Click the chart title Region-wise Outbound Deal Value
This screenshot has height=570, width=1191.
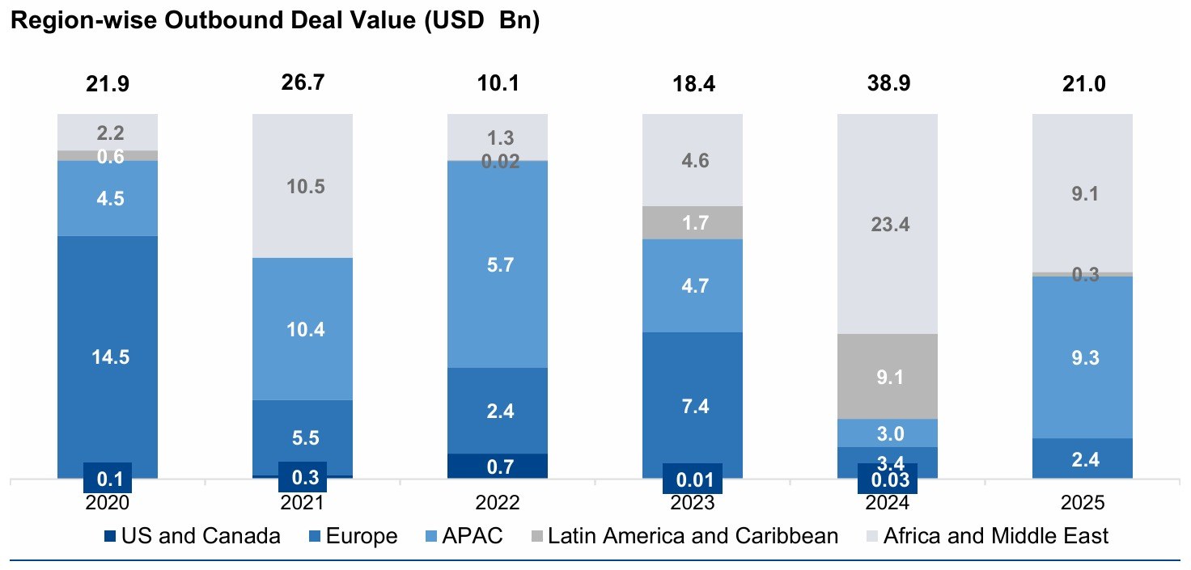[273, 22]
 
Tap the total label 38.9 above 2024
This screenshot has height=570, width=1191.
[887, 84]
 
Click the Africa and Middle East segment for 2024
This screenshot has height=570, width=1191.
[887, 224]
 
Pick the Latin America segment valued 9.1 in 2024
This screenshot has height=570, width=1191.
[887, 376]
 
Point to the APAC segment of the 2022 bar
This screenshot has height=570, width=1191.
[497, 264]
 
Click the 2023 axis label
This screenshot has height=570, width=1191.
[692, 503]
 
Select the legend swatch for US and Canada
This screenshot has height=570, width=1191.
[111, 535]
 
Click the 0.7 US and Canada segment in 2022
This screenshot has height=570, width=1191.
[497, 466]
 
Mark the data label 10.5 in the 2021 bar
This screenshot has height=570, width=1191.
[303, 187]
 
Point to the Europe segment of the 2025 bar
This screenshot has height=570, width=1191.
[1082, 458]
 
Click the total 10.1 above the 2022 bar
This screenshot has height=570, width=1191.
[497, 84]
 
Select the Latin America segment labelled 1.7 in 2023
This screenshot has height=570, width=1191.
[692, 222]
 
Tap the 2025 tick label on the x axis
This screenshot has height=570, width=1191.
[1082, 503]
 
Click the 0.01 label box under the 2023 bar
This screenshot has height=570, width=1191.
[692, 477]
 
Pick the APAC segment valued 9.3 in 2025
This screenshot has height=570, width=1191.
[1082, 357]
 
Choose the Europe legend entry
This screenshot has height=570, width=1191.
[353, 535]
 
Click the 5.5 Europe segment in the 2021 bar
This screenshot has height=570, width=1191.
[303, 437]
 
